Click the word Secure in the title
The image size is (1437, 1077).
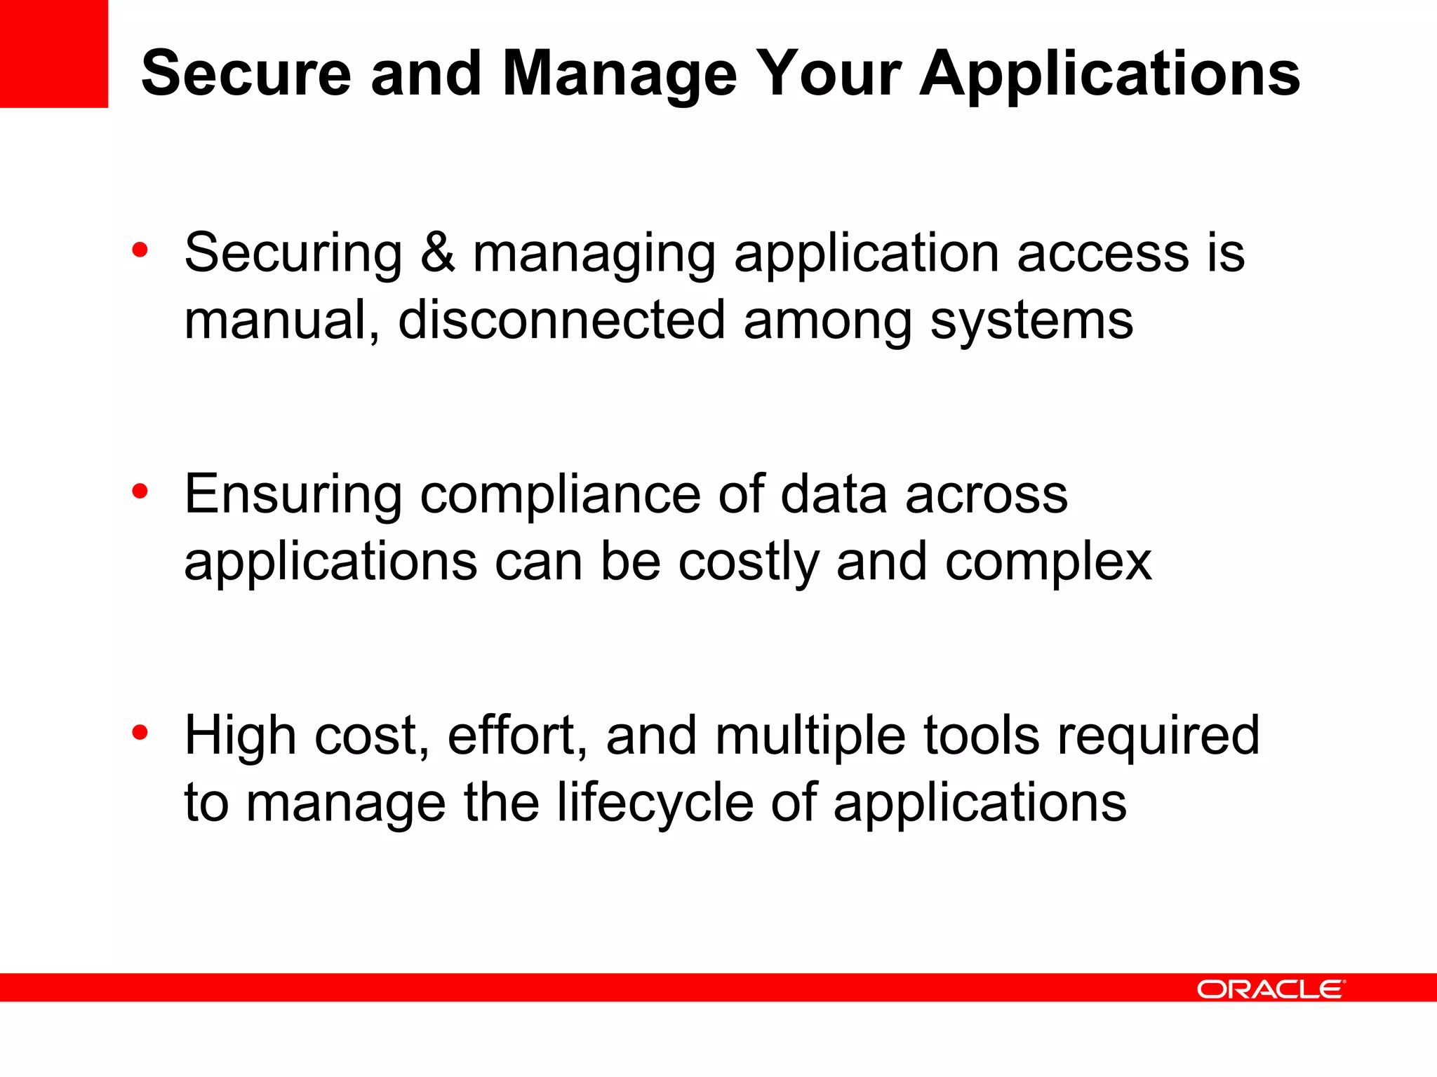point(246,74)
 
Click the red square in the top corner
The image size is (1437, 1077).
point(53,53)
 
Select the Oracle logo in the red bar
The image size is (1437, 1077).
point(1271,989)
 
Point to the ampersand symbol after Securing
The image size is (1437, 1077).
point(438,252)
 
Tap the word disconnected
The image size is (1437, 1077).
point(561,320)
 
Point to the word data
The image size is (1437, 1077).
point(834,494)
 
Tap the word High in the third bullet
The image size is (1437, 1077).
point(240,735)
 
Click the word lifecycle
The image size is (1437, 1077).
point(655,802)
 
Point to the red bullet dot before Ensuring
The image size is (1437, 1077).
point(140,492)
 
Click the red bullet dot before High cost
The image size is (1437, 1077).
point(140,733)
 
